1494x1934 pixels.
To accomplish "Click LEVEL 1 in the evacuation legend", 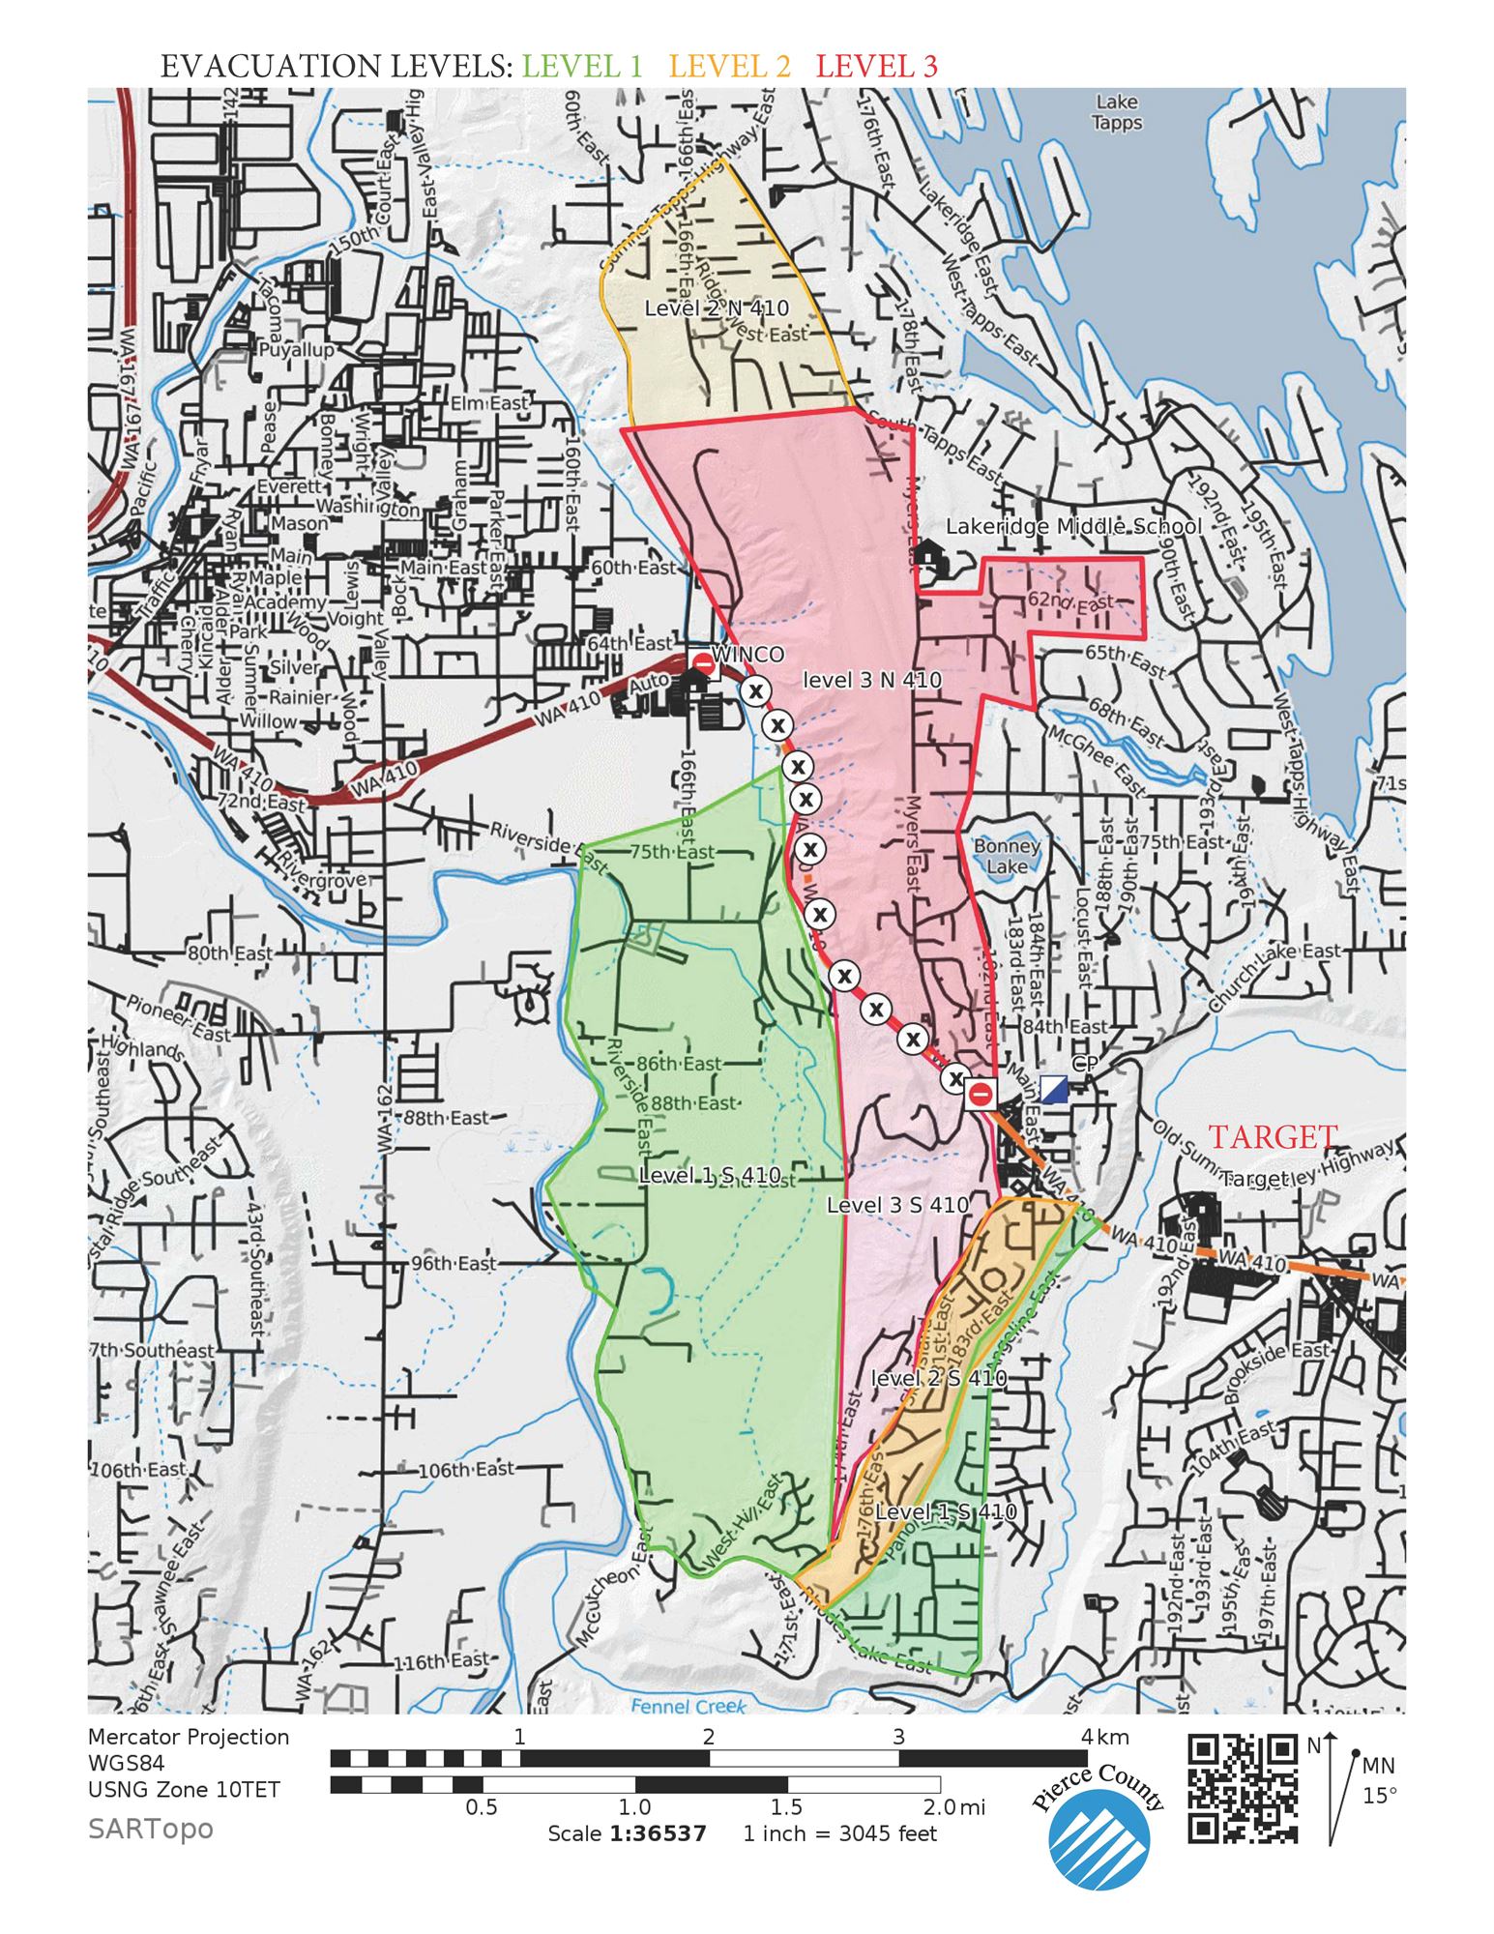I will (x=582, y=66).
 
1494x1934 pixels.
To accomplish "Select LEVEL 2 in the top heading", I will (x=729, y=66).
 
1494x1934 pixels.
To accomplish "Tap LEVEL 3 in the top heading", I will (x=876, y=66).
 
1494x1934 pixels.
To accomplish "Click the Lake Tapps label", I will (x=1117, y=112).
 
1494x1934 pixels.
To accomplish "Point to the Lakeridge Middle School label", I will (x=1073, y=527).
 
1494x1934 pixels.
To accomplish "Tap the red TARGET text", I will (x=1274, y=1138).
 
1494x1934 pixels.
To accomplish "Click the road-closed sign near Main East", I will (x=981, y=1095).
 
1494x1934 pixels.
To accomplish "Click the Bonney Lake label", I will (x=1007, y=856).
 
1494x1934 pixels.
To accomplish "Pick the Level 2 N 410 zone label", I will (x=717, y=308).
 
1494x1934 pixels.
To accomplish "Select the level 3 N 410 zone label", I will (x=872, y=681).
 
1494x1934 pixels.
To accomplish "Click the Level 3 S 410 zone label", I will (x=897, y=1205).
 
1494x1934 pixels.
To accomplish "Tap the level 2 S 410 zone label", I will (x=938, y=1379).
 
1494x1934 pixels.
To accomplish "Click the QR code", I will (x=1242, y=1789).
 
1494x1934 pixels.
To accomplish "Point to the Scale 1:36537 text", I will (x=627, y=1833).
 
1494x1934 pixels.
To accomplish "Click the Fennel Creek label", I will (x=688, y=1707).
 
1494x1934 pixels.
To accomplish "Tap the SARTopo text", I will (x=150, y=1829).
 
